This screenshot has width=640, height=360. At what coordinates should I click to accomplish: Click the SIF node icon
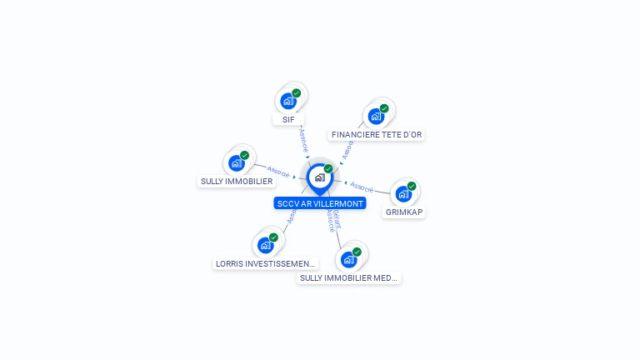(288, 101)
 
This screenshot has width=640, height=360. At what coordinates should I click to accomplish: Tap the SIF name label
(288, 119)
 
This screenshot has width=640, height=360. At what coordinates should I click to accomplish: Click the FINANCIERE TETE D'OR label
(377, 134)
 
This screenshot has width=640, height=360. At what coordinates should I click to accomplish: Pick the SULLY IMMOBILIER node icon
(237, 162)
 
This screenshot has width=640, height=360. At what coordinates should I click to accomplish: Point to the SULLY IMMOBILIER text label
(237, 181)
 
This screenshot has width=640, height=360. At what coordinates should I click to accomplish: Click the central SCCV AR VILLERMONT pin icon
(319, 177)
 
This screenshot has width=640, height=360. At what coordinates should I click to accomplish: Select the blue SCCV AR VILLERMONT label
(319, 203)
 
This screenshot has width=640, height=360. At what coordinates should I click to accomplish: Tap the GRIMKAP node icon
(404, 194)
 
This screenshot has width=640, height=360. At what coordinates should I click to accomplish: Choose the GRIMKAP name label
(404, 212)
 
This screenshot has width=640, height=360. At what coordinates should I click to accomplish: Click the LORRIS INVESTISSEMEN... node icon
(266, 245)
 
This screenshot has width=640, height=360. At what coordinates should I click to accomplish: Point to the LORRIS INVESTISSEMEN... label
(266, 263)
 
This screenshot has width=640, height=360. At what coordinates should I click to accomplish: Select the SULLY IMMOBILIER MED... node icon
(349, 259)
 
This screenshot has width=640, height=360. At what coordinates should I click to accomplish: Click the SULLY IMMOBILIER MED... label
(349, 277)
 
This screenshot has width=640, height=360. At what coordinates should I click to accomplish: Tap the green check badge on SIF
(296, 93)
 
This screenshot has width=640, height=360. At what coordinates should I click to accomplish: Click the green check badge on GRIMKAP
(412, 187)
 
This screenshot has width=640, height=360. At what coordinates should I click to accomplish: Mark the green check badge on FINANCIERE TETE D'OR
(384, 108)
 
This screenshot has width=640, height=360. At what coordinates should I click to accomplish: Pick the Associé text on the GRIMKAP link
(362, 186)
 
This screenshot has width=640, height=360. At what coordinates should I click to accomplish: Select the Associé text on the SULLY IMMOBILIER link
(278, 173)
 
